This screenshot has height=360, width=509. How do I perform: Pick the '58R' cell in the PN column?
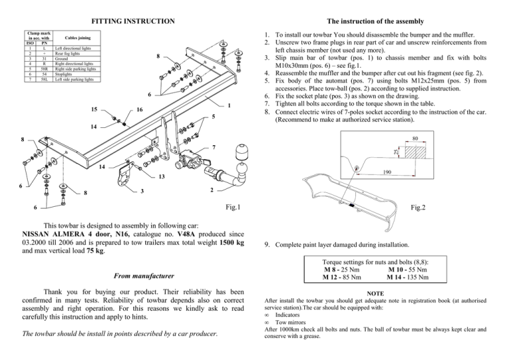(x=43, y=69)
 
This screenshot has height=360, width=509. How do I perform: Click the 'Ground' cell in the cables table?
(x=62, y=58)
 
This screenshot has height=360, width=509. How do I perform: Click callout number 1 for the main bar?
(x=229, y=105)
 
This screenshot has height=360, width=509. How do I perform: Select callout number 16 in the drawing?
(x=139, y=109)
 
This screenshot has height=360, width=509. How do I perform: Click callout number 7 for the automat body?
(x=214, y=146)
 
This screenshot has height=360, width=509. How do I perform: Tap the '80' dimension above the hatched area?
(x=415, y=139)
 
